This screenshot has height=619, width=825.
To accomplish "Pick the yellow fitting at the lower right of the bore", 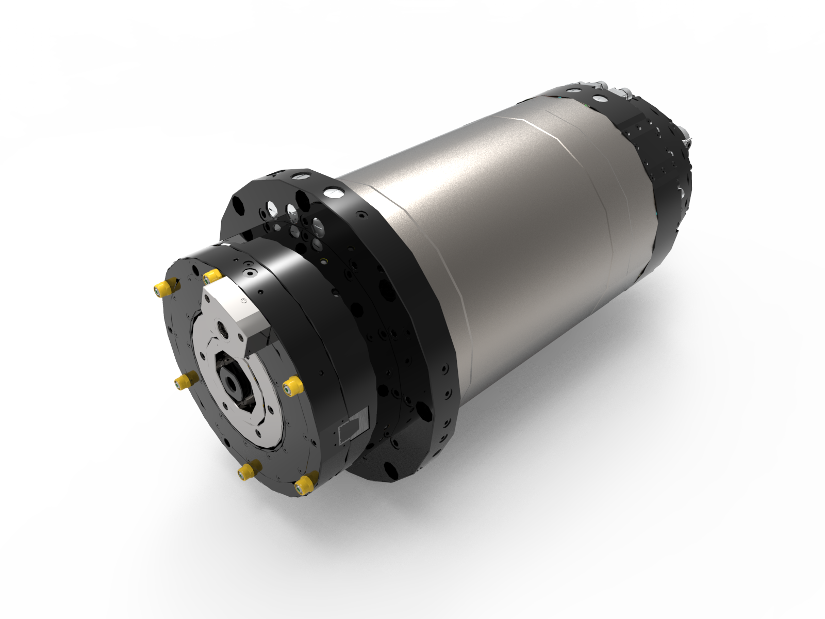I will (x=292, y=385).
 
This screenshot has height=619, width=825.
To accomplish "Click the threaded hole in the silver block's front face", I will (x=224, y=328).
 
